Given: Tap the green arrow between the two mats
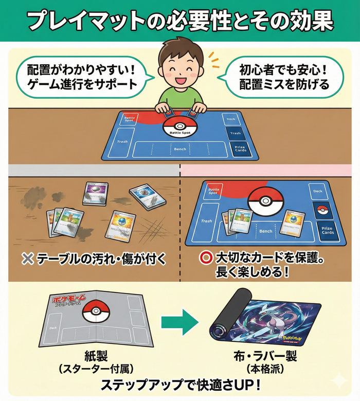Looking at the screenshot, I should [x=179, y=322].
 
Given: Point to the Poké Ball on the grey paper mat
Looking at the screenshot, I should [x=93, y=311].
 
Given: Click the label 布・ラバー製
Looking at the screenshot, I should [x=264, y=356].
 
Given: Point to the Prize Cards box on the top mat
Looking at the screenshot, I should [x=240, y=150].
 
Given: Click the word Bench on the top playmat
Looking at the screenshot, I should [x=180, y=150].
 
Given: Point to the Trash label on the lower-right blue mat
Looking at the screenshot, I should [x=207, y=221].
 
